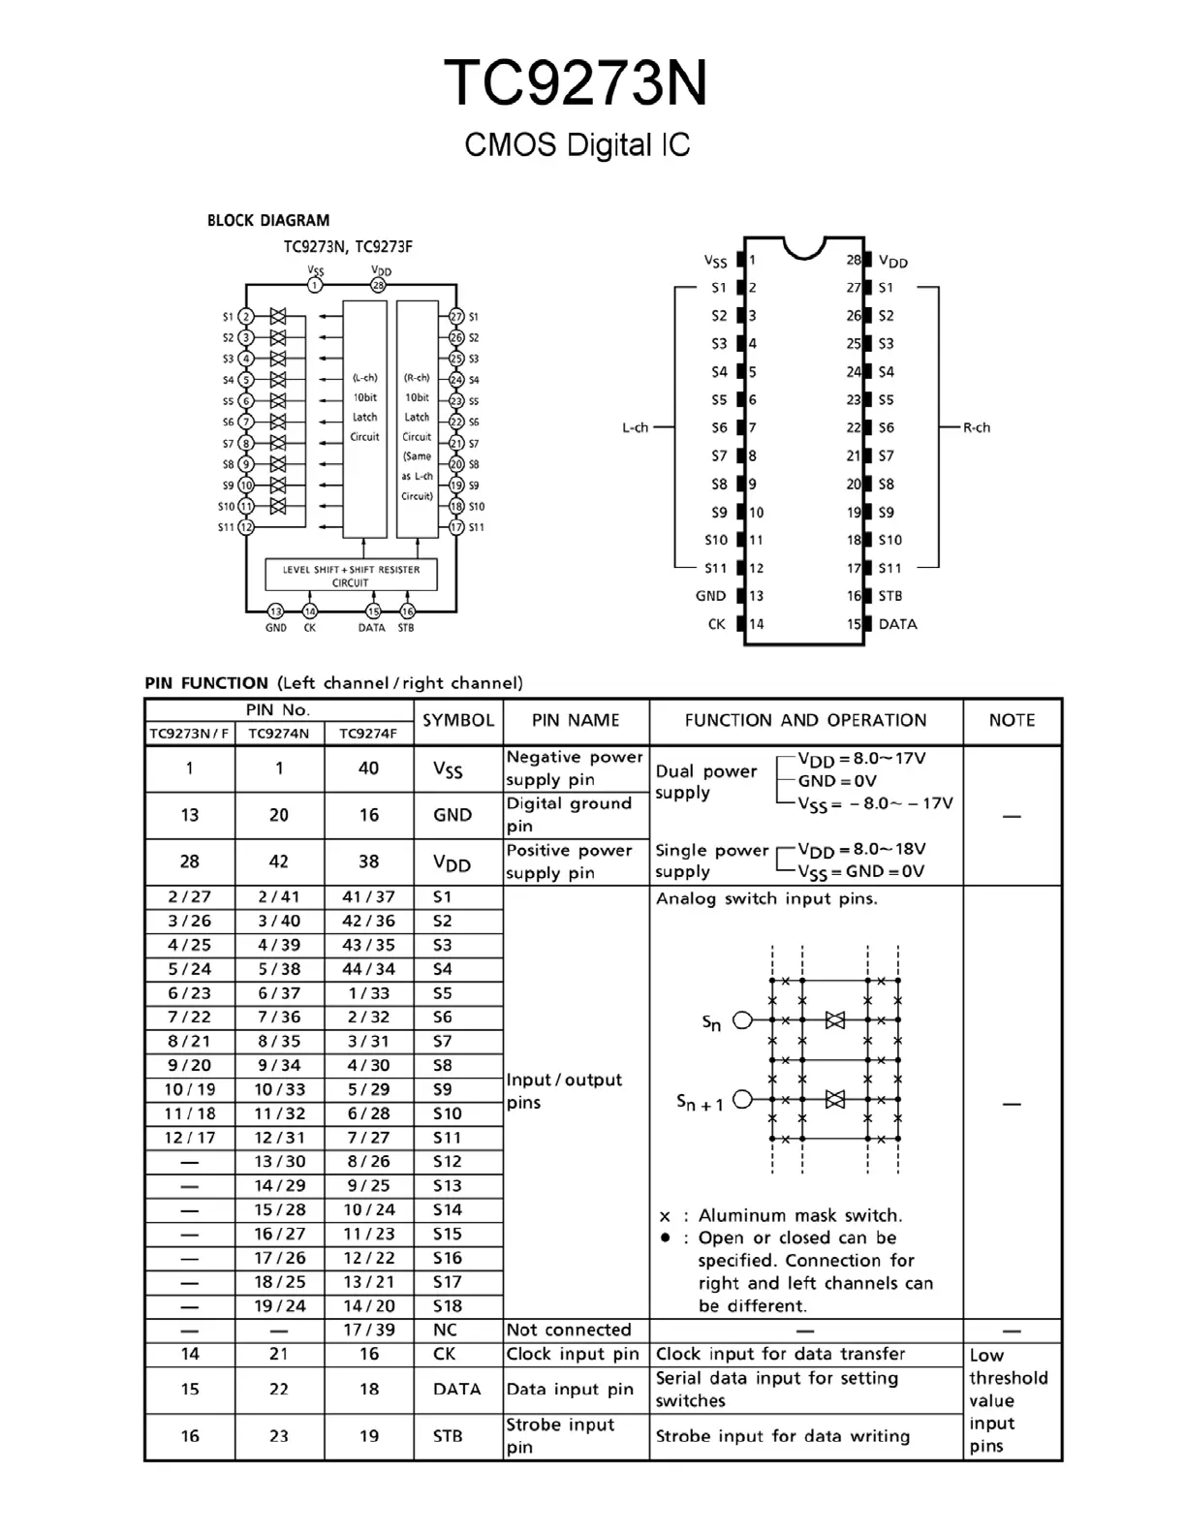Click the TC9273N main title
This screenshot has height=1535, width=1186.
point(576,83)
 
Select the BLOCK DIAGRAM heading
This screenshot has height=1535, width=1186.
point(268,221)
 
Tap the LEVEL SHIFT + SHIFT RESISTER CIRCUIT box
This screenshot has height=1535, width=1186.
point(351,576)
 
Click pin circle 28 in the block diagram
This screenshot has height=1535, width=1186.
point(379,285)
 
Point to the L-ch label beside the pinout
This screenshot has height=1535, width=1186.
point(635,427)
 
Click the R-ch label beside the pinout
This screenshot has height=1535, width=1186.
point(977,427)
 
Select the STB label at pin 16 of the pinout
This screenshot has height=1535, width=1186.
point(889,596)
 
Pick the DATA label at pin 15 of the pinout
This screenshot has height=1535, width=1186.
point(897,624)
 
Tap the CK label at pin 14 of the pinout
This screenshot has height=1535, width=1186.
point(716,624)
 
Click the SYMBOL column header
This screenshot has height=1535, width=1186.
point(458,720)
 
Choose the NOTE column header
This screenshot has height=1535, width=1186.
point(1012,720)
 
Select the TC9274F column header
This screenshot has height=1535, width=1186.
point(368,734)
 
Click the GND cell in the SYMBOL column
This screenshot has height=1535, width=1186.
point(453,815)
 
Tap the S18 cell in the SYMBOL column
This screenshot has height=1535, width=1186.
point(447,1306)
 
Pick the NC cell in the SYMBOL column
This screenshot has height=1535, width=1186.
point(445,1331)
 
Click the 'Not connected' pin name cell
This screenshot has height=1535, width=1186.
point(568,1331)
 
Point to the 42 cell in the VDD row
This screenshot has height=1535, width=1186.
point(279,861)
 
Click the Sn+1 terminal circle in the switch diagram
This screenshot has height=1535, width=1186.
point(743,1099)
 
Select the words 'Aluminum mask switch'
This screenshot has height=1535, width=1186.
point(799,1215)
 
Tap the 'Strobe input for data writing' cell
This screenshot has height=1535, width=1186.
point(783,1436)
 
